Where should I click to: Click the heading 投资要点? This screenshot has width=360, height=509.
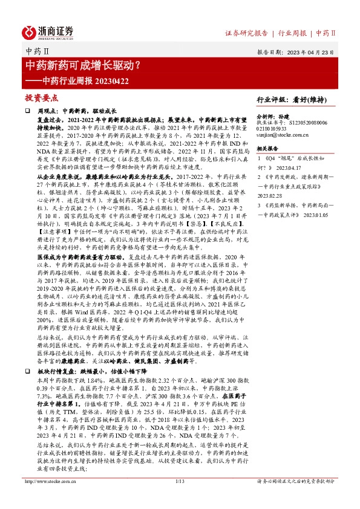[41, 97]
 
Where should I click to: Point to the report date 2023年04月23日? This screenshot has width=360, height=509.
[309, 51]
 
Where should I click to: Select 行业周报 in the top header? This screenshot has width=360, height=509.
[292, 33]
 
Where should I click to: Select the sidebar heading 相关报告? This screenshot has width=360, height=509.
[267, 149]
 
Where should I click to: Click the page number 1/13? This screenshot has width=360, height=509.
[179, 499]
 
